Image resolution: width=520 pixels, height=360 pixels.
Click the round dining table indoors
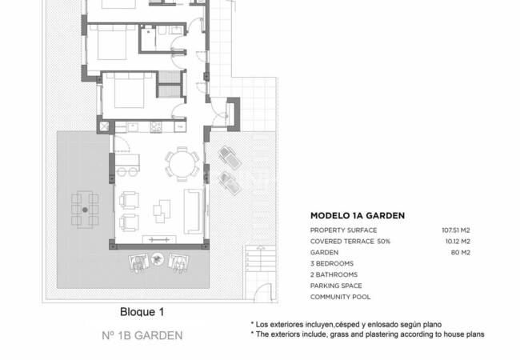click(182, 166)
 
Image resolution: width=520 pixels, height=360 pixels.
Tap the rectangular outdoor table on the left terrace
click(85, 209)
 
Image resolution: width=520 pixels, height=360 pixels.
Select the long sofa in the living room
click(193, 210)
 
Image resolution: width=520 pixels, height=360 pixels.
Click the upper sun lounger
click(229, 157)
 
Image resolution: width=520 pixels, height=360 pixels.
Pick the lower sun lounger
click(230, 184)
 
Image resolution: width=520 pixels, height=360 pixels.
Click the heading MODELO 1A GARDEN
click(357, 215)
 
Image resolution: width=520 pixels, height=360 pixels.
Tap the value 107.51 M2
click(456, 230)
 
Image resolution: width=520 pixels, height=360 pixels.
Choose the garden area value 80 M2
click(461, 252)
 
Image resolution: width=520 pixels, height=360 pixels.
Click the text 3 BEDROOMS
click(332, 263)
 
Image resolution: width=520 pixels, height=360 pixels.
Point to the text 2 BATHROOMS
click(334, 274)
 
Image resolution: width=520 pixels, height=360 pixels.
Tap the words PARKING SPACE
click(336, 286)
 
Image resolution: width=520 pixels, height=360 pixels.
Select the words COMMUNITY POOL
click(339, 297)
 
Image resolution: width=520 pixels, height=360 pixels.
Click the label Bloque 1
click(142, 312)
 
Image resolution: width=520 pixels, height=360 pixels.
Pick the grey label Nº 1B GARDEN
click(142, 336)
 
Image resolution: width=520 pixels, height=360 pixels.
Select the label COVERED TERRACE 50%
click(350, 241)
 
